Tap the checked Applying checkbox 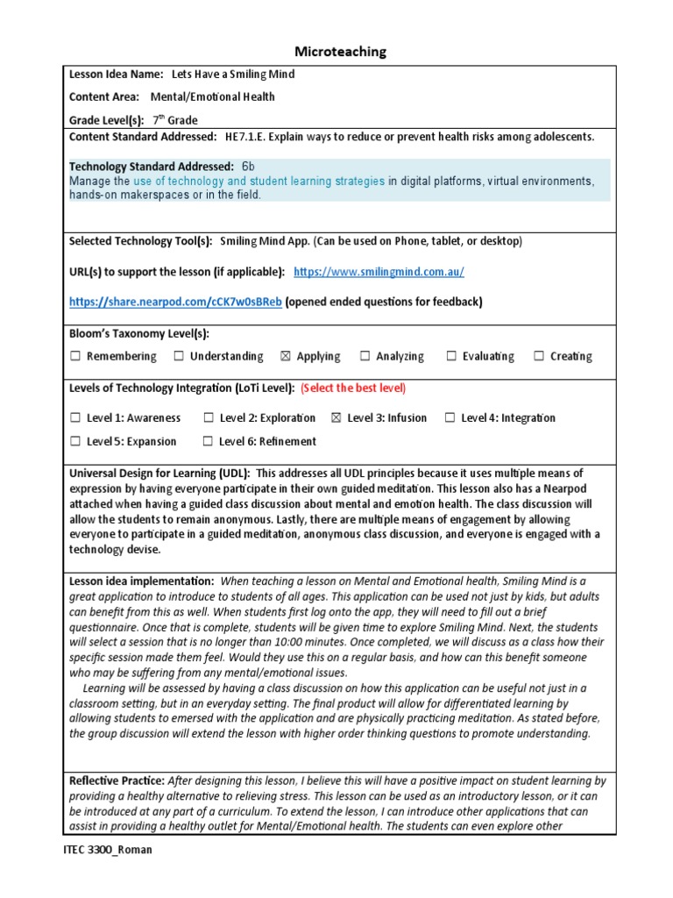(x=285, y=356)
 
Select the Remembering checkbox (x=75, y=356)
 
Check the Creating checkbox (x=539, y=356)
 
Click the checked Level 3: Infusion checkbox (x=336, y=418)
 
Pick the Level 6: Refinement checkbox (x=208, y=442)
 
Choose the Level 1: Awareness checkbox (x=75, y=418)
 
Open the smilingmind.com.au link (x=379, y=272)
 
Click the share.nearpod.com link (x=175, y=302)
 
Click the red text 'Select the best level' (x=353, y=388)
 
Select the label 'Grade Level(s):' (x=106, y=120)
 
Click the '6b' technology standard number (x=248, y=166)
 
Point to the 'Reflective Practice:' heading (x=117, y=780)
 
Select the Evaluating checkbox (x=451, y=356)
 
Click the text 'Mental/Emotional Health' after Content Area (x=212, y=97)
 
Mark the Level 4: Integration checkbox (x=450, y=418)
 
